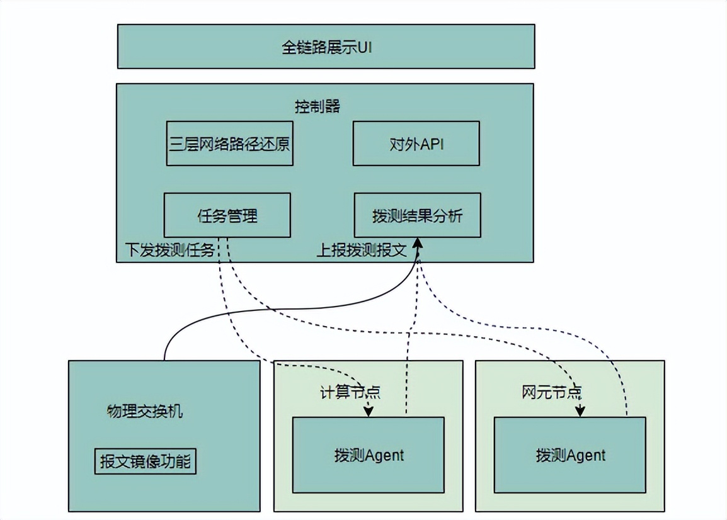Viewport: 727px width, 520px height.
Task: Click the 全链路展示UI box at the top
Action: (x=326, y=46)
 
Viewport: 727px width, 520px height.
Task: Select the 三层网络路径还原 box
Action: (x=229, y=144)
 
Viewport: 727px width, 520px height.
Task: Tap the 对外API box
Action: (x=416, y=144)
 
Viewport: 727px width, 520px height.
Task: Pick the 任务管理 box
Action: (x=227, y=215)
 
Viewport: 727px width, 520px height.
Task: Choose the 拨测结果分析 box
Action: (x=417, y=215)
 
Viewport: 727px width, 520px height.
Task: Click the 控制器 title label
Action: (x=318, y=106)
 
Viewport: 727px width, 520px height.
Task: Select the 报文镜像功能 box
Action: (x=145, y=462)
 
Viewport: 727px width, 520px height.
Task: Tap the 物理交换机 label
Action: (x=145, y=412)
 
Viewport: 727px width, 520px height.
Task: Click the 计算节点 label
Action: (x=350, y=392)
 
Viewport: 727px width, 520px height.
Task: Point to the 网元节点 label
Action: (x=551, y=392)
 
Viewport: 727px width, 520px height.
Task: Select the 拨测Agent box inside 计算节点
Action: (x=369, y=455)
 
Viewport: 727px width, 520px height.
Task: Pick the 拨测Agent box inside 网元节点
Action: (x=570, y=455)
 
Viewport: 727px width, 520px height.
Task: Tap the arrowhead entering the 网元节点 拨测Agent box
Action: (x=580, y=411)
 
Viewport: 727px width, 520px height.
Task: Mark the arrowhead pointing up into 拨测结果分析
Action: (x=418, y=243)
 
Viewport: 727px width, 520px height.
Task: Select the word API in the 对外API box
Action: (x=432, y=144)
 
